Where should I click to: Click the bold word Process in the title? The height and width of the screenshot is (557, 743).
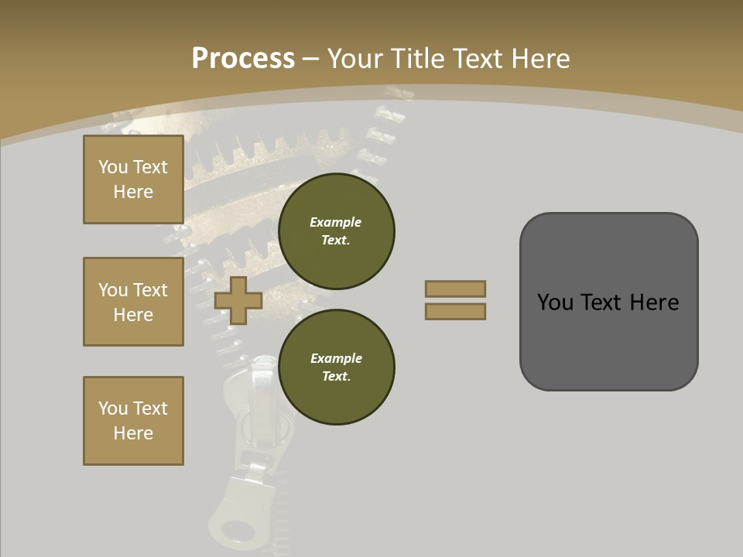[x=243, y=59]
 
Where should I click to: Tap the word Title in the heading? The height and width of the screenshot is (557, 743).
[x=419, y=59]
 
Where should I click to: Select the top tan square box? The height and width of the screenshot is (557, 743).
[x=133, y=179]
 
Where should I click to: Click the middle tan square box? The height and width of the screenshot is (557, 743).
[x=133, y=302]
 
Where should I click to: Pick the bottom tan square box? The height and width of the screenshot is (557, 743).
[x=133, y=421]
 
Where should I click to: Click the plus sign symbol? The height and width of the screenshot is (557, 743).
[x=238, y=300]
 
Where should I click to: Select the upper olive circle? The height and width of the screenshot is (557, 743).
[x=336, y=231]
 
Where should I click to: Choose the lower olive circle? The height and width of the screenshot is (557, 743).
[x=336, y=367]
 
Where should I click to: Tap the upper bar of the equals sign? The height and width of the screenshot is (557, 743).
[x=455, y=289]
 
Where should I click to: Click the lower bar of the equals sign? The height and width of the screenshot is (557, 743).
[x=455, y=311]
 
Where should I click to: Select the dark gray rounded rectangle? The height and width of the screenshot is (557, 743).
[x=608, y=302]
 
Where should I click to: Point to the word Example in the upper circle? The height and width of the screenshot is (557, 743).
[x=335, y=222]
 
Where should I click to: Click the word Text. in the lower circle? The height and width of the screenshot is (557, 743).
[x=336, y=377]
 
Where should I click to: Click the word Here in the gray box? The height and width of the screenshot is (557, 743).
[x=654, y=302]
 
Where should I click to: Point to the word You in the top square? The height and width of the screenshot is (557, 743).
[x=113, y=167]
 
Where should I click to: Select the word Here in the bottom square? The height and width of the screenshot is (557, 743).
[x=133, y=433]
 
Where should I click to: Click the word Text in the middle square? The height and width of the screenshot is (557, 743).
[x=149, y=290]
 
